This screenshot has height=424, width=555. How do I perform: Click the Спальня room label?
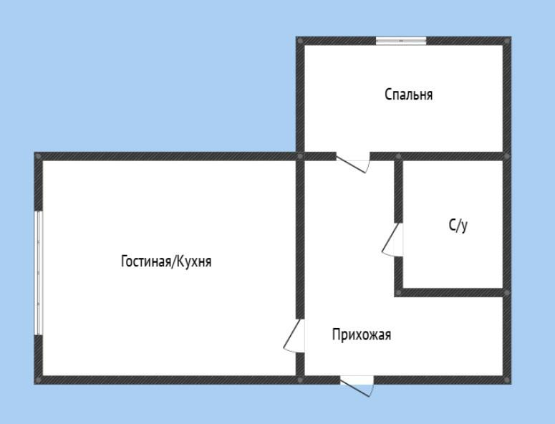click(408, 95)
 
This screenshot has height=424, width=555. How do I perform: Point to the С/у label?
click(458, 226)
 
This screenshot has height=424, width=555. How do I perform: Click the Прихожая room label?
click(362, 334)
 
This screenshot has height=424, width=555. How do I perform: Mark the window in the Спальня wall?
click(401, 41)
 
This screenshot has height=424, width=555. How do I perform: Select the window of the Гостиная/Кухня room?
click(39, 272)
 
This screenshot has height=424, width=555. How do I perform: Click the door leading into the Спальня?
click(352, 163)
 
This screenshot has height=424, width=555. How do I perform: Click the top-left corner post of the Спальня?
click(300, 41)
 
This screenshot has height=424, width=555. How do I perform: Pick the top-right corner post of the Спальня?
click(507, 41)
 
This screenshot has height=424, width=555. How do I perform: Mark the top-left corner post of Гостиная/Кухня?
click(39, 156)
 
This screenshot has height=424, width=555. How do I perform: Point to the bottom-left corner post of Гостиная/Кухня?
click(39, 379)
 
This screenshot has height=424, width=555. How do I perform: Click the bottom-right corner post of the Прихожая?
click(507, 379)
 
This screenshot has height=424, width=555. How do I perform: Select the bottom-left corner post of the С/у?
click(398, 292)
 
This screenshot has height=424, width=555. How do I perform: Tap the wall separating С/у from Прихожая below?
click(451, 292)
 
